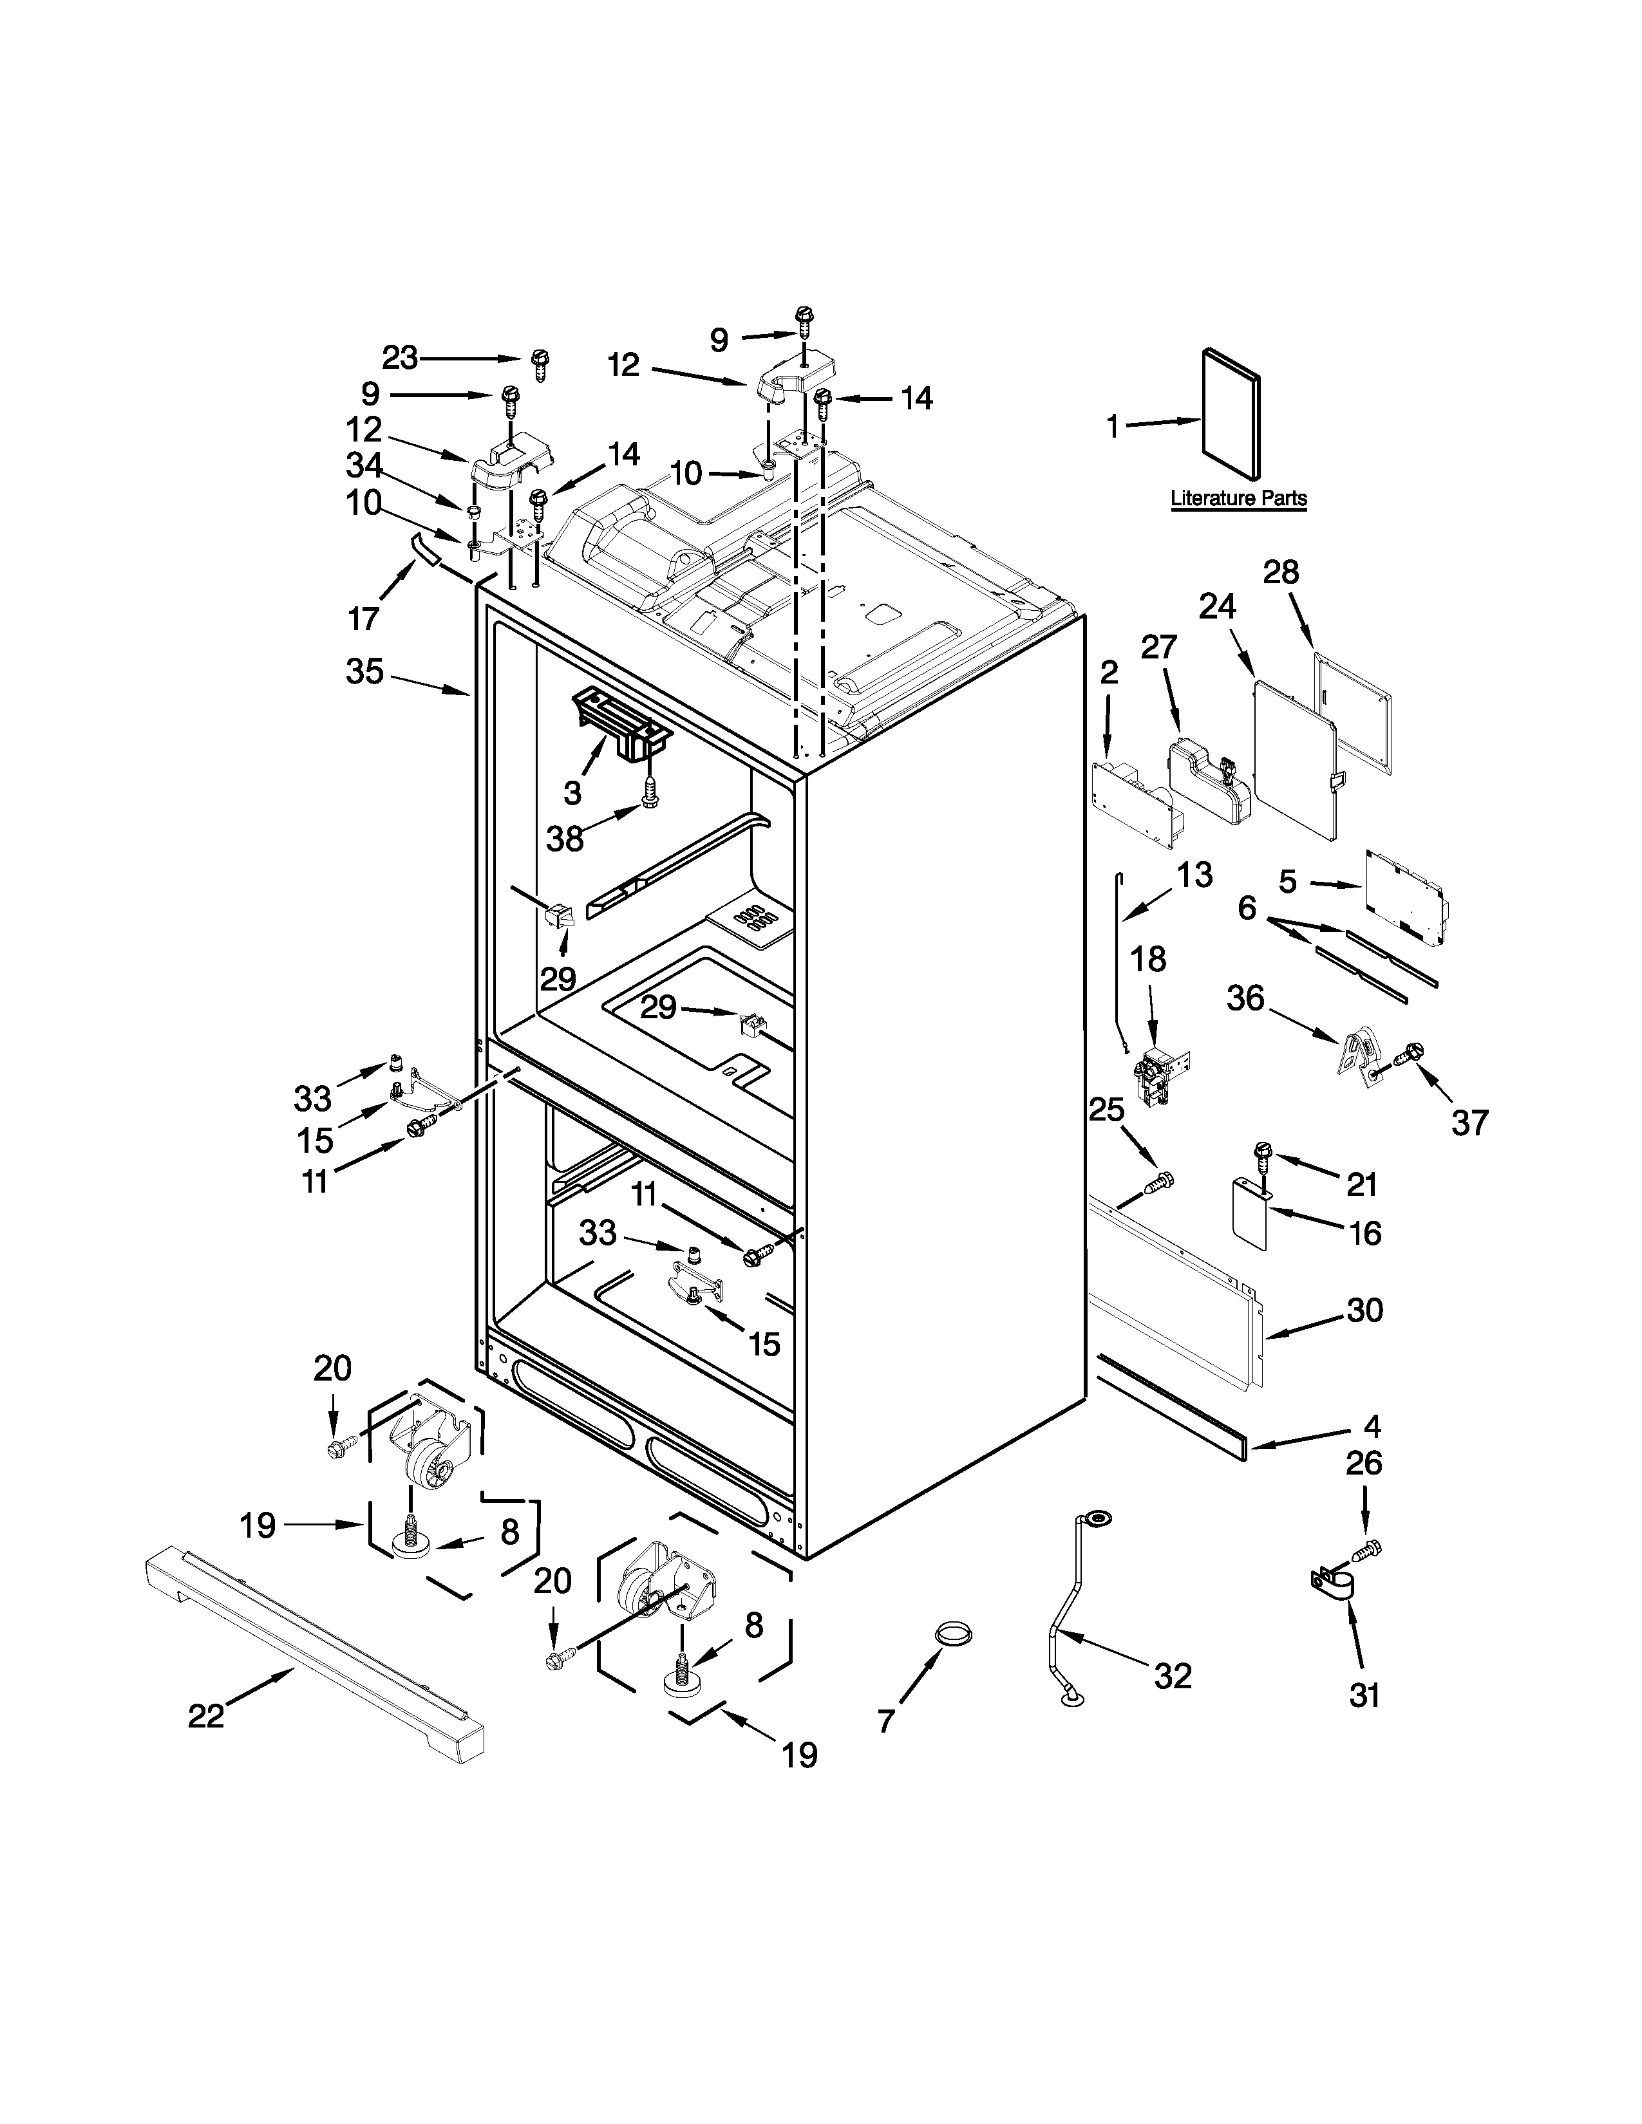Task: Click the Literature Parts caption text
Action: coord(1238,498)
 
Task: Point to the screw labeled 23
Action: coord(540,365)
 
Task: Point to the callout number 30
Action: coord(1364,1310)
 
